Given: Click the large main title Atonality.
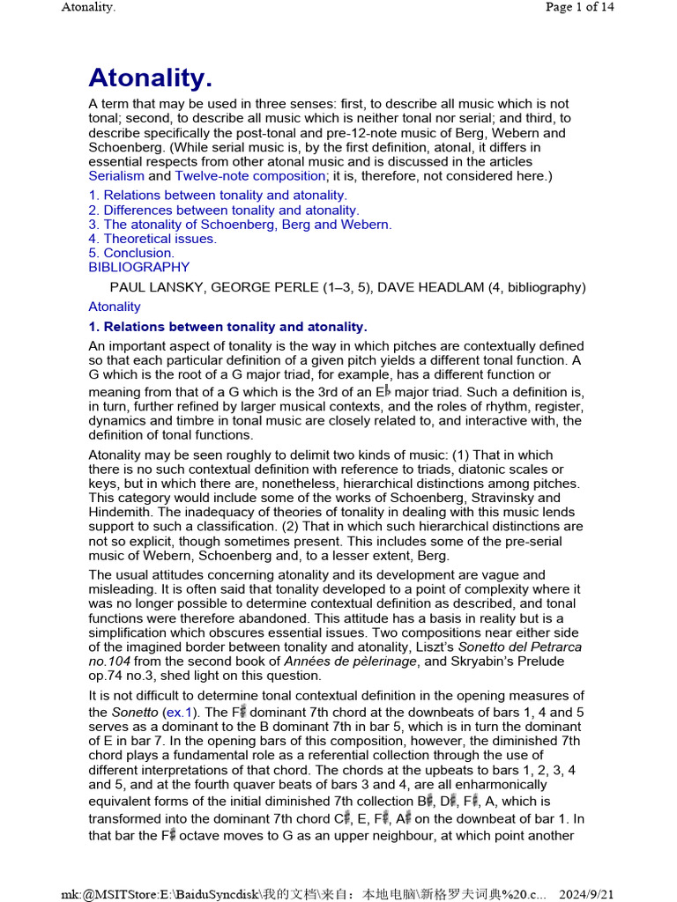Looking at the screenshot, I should pyautogui.click(x=150, y=78).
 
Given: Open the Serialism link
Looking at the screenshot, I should pyautogui.click(x=116, y=175).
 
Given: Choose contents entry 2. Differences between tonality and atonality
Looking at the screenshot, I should pyautogui.click(x=224, y=210).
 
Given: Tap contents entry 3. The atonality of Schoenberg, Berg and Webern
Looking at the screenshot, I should pyautogui.click(x=240, y=224).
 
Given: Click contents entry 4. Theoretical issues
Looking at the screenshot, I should pyautogui.click(x=153, y=238).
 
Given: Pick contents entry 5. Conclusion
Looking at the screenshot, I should pyautogui.click(x=131, y=253).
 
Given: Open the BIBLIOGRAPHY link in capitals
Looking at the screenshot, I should pyautogui.click(x=138, y=267).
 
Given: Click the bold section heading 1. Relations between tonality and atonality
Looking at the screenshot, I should pyautogui.click(x=227, y=327).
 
